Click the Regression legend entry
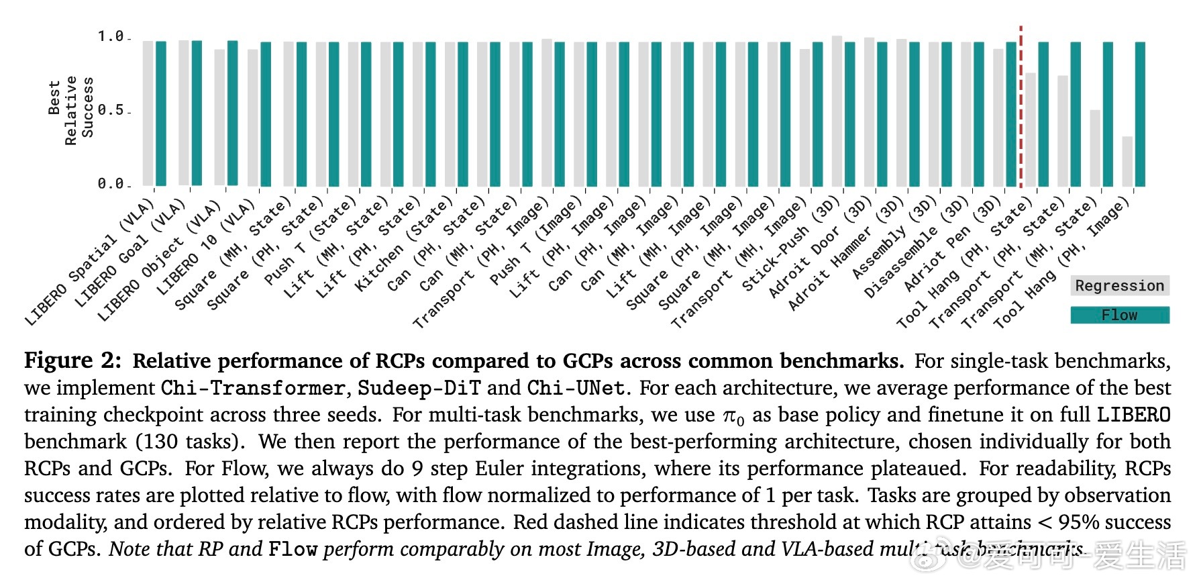[1119, 286]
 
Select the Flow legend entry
[1119, 315]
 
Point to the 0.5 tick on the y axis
[111, 110]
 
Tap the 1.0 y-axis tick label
[111, 36]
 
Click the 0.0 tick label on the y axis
[111, 183]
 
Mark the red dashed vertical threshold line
[1021, 107]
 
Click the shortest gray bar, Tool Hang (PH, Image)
[1127, 161]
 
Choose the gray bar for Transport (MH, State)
[1095, 148]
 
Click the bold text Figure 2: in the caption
[72, 360]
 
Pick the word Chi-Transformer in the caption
[253, 388]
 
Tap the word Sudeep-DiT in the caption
[419, 388]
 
